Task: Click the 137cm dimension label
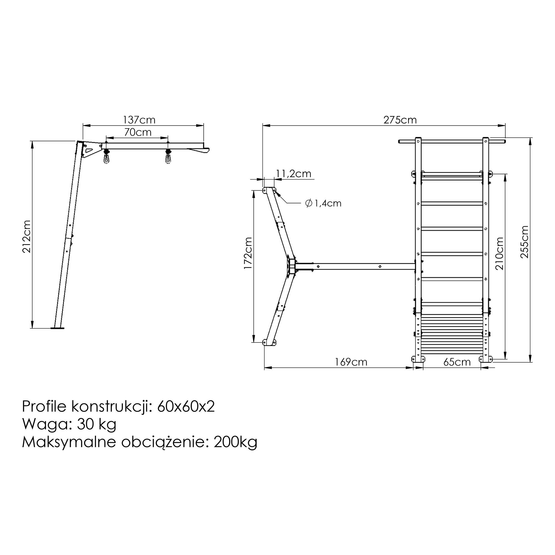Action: pyautogui.click(x=139, y=120)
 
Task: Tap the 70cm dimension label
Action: pyautogui.click(x=138, y=132)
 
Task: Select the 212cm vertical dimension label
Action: pyautogui.click(x=27, y=236)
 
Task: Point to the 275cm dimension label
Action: pyautogui.click(x=400, y=120)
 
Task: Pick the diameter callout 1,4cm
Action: pyautogui.click(x=324, y=203)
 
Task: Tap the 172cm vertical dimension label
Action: pyautogui.click(x=248, y=253)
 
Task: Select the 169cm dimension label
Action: pyautogui.click(x=351, y=362)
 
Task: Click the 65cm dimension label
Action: pyautogui.click(x=457, y=362)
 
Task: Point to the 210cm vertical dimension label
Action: pyautogui.click(x=500, y=253)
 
